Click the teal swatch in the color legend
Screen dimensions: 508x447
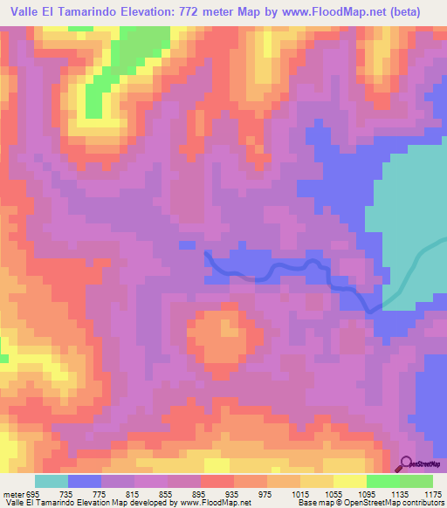click(51, 481)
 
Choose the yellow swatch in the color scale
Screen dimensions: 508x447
click(350, 481)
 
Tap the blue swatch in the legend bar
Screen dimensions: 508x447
click(85, 481)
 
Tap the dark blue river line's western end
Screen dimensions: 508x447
click(207, 252)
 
